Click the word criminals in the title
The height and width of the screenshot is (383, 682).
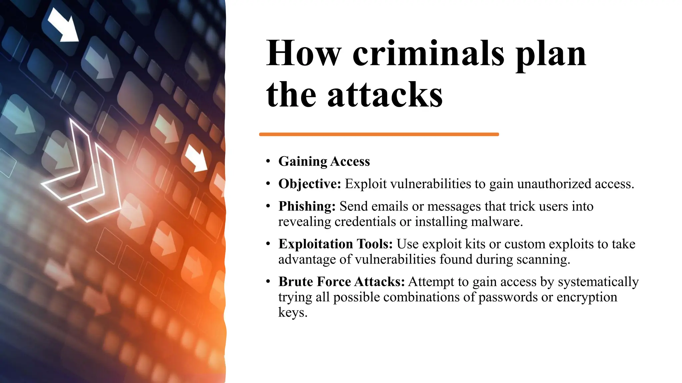click(x=428, y=54)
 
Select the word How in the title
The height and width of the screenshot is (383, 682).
click(x=304, y=54)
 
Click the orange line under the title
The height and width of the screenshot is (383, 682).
click(x=379, y=134)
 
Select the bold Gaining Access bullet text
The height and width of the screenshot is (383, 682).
click(x=324, y=162)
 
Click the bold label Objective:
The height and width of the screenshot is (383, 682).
click(x=310, y=184)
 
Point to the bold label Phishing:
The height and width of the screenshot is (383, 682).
click(x=307, y=206)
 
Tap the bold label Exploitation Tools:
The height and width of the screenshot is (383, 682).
click(x=336, y=244)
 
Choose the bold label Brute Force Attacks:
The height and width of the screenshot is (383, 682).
click(x=342, y=282)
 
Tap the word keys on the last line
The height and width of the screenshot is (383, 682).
click(x=292, y=312)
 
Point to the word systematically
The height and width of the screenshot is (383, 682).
click(x=598, y=282)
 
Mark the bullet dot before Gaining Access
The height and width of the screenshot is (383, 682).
click(x=268, y=162)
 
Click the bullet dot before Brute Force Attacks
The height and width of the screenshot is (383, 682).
click(x=268, y=282)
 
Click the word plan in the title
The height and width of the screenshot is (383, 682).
click(x=551, y=54)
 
